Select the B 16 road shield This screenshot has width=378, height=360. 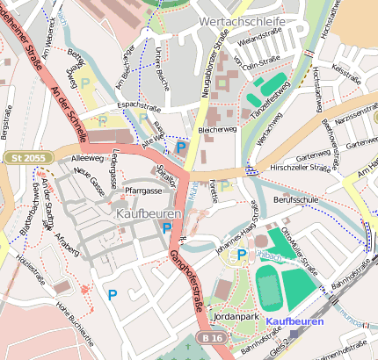coord(210,337)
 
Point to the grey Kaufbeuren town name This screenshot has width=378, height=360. coord(148,213)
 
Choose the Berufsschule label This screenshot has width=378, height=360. coord(294,200)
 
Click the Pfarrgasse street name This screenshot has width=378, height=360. coord(143,190)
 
